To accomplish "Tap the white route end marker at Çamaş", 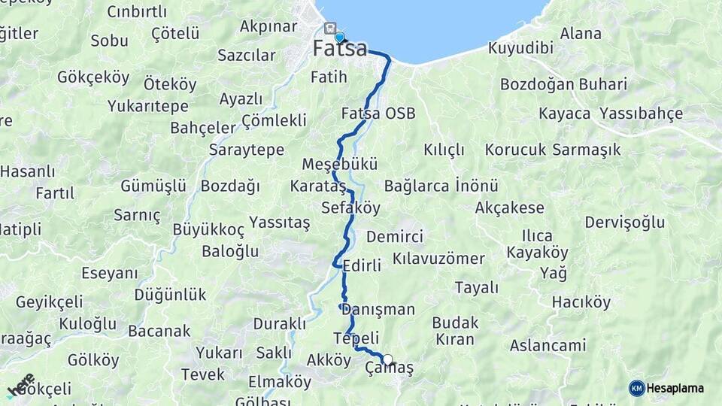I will [x=388, y=359].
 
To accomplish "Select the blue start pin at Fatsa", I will [x=339, y=37].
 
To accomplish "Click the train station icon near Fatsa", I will [x=329, y=28].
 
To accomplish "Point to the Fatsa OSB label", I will [x=378, y=114].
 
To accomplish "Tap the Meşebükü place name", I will [x=339, y=164].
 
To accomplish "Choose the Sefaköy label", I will [x=350, y=208].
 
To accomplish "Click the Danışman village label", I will [x=378, y=309].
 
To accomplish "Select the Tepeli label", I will [x=356, y=338].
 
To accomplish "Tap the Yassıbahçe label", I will [x=642, y=114].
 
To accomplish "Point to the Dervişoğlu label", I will [x=625, y=222].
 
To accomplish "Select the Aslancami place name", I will [x=548, y=346].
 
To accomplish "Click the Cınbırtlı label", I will [x=137, y=11].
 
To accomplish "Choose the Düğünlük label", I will [x=170, y=295].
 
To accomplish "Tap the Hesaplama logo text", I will [x=675, y=388].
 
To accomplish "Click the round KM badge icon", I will [x=637, y=388].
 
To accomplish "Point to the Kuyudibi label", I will [x=520, y=48].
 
